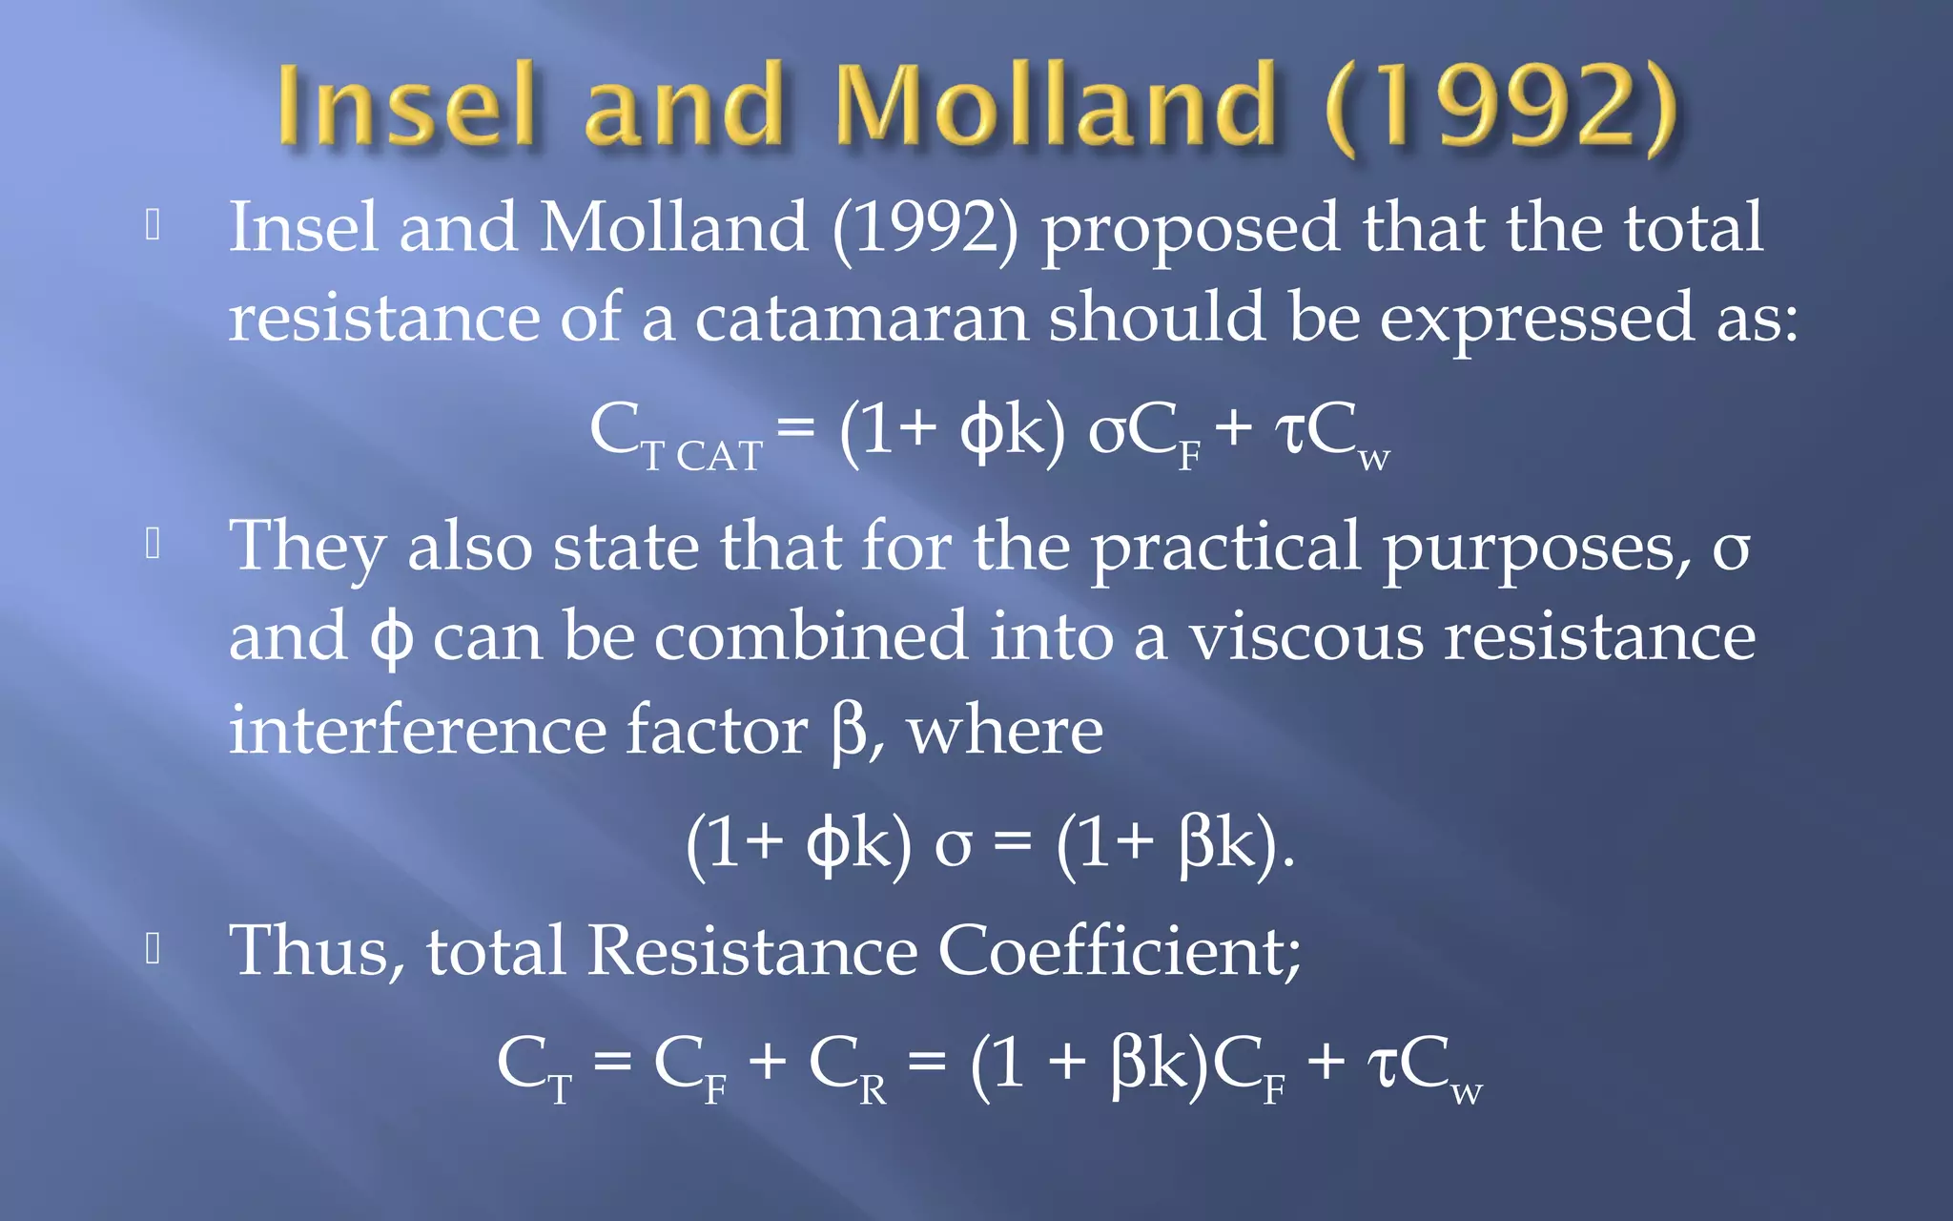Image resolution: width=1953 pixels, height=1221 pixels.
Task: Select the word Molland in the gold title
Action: pyautogui.click(x=1054, y=105)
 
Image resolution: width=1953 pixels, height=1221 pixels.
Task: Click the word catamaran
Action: pyautogui.click(x=861, y=319)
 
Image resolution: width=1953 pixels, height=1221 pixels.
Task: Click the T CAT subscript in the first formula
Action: pyautogui.click(x=702, y=456)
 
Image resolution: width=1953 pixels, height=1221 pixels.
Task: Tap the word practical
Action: pyautogui.click(x=1224, y=548)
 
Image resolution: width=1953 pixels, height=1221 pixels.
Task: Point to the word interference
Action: pyautogui.click(x=417, y=730)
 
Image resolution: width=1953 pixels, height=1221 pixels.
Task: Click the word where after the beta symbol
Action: pyautogui.click(x=1004, y=732)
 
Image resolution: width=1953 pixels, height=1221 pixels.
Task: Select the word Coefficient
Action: pyautogui.click(x=1119, y=951)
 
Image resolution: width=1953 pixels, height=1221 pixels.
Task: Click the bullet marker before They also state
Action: pyautogui.click(x=153, y=544)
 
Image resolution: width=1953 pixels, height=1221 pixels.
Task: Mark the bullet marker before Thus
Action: pyautogui.click(x=153, y=949)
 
